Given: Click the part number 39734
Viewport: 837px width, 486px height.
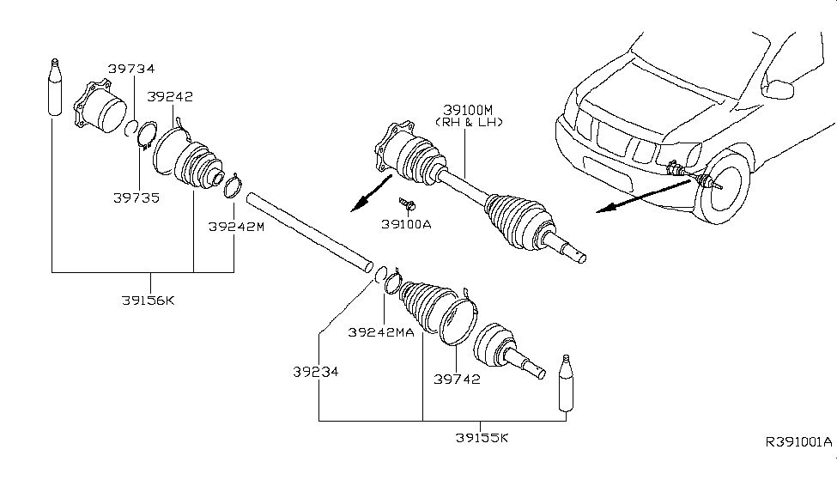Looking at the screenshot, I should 130,69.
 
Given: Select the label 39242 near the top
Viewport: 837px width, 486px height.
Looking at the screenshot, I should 169,96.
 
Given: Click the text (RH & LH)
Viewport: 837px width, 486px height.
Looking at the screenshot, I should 469,123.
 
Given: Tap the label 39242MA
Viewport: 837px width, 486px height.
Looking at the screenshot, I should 381,331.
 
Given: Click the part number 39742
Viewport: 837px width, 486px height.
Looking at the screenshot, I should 456,380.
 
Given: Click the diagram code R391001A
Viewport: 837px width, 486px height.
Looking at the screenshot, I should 798,442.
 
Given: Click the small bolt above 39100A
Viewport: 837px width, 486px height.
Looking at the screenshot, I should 407,204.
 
